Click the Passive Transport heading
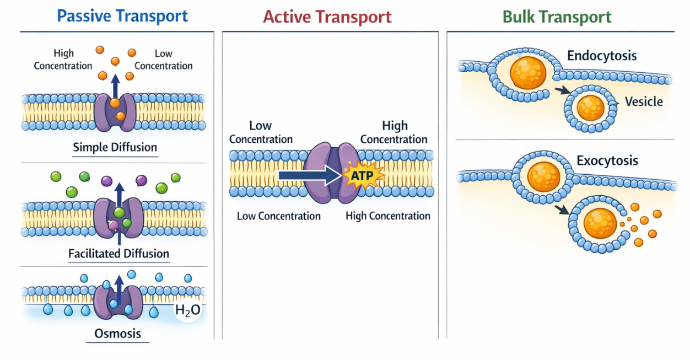click(122, 16)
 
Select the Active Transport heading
click(327, 17)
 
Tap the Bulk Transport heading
click(557, 17)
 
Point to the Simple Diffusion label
click(115, 148)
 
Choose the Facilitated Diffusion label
click(118, 254)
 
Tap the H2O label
click(187, 311)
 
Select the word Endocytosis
click(602, 56)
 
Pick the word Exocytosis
click(607, 161)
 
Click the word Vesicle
click(644, 101)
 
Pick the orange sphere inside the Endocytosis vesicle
click(590, 108)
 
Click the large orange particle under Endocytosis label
click(528, 73)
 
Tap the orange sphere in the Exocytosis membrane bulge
click(543, 176)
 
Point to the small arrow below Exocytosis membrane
click(562, 209)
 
